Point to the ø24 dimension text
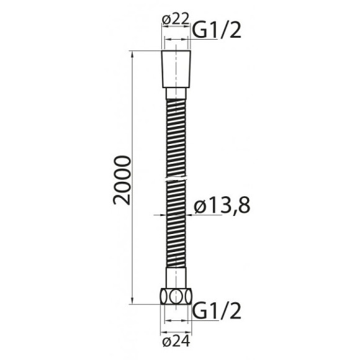[176, 341]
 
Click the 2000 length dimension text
[124, 180]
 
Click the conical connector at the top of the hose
[177, 70]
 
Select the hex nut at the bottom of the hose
[178, 295]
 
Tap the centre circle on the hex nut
[178, 295]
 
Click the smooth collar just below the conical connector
[178, 93]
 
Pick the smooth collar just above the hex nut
[178, 277]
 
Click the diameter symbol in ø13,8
[199, 207]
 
